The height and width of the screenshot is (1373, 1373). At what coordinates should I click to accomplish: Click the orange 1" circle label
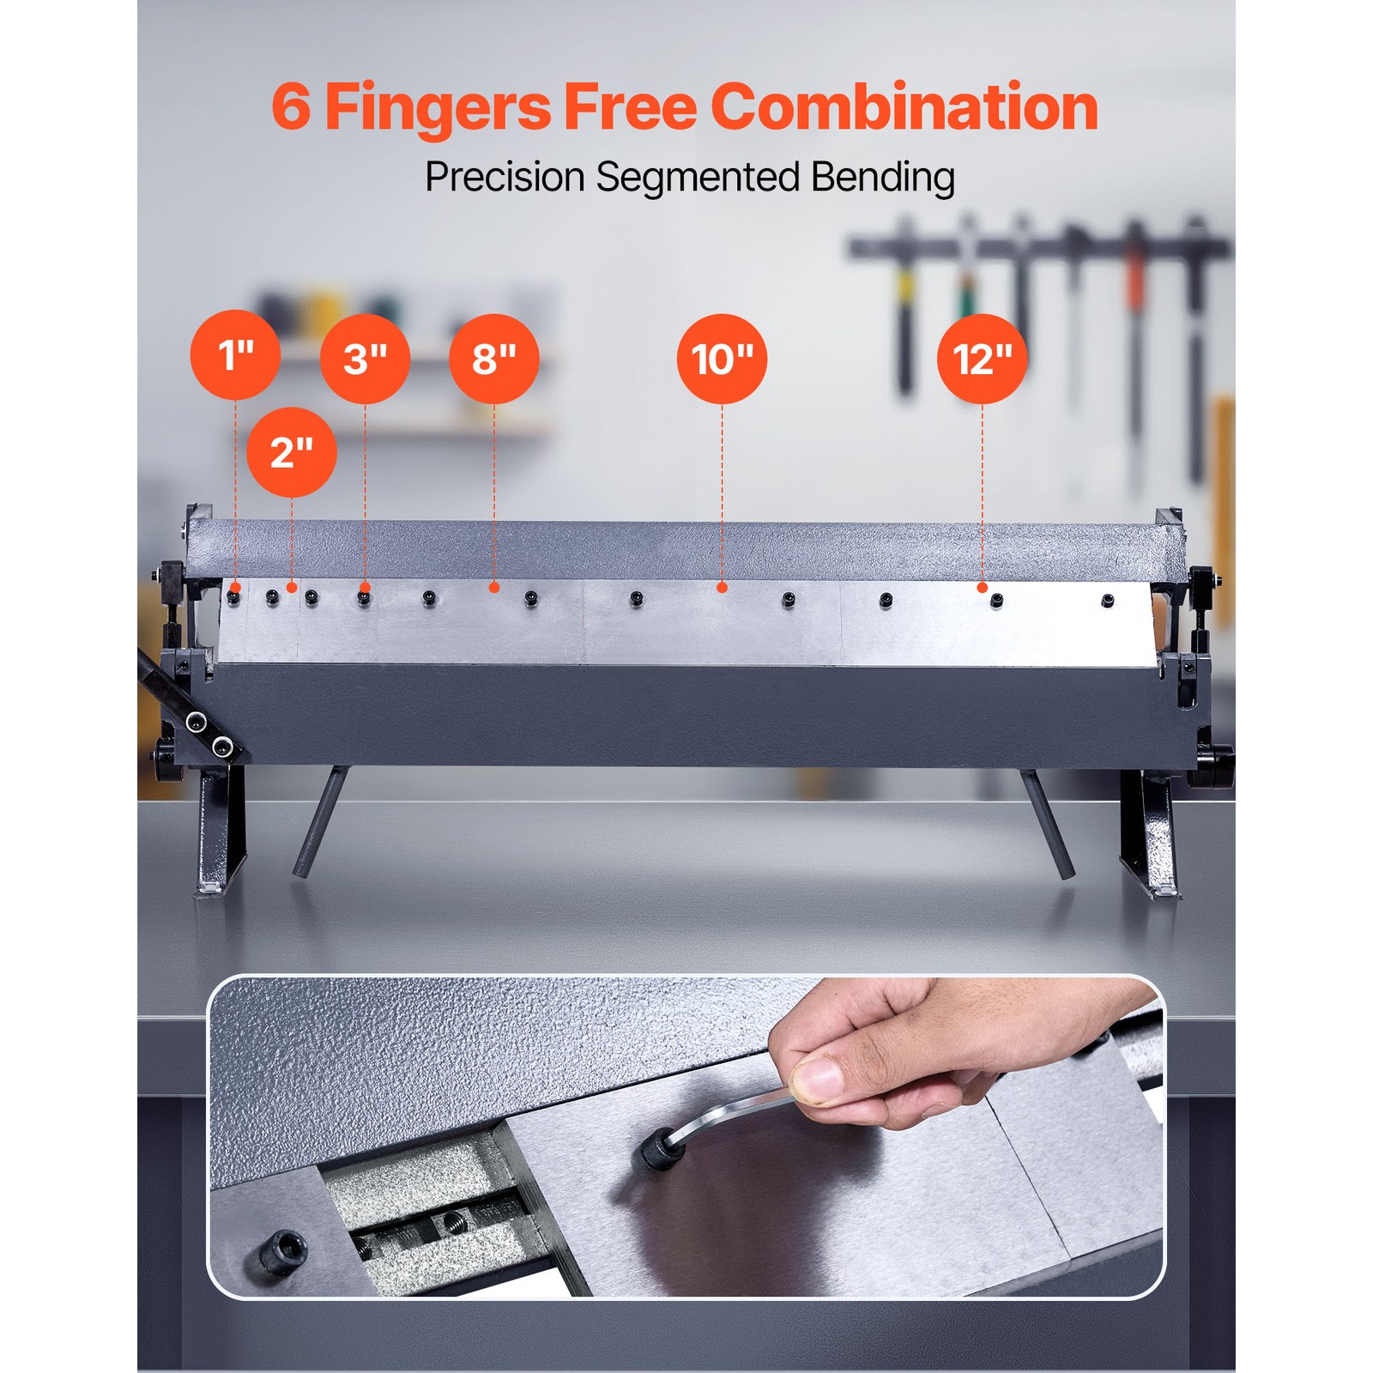235,354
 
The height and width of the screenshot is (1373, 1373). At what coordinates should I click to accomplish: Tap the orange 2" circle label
292,451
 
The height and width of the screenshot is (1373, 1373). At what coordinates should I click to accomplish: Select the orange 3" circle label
365,359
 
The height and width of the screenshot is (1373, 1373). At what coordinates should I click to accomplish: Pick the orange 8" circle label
494,359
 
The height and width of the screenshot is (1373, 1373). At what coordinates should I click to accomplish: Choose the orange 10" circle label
723,359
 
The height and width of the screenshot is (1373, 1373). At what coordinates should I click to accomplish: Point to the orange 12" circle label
983,359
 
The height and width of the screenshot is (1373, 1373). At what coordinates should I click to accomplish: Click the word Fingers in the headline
438,109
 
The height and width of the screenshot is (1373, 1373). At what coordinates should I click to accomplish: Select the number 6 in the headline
291,107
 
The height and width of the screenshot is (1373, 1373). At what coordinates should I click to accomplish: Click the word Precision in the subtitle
505,177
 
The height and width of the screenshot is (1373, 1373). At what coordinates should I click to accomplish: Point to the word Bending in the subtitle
883,178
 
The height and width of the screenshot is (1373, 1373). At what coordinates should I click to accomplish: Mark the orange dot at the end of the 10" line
723,588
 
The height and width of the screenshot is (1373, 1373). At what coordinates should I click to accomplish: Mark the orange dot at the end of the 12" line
983,588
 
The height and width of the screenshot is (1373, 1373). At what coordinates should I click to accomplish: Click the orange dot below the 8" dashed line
494,588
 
